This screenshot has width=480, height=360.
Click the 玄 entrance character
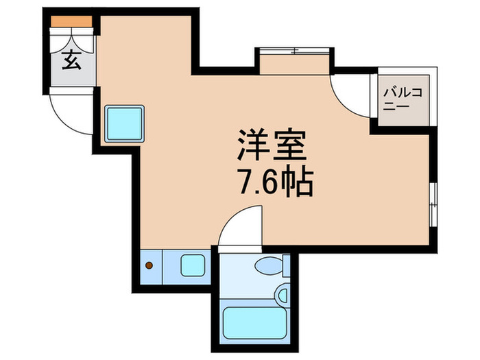pyautogui.click(x=71, y=61)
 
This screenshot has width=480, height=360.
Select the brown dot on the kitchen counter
pyautogui.click(x=150, y=264)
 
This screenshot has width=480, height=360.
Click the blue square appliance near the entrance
pyautogui.click(x=124, y=123)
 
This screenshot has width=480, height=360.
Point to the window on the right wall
pyautogui.click(x=433, y=204)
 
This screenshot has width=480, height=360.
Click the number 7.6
pyautogui.click(x=257, y=182)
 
